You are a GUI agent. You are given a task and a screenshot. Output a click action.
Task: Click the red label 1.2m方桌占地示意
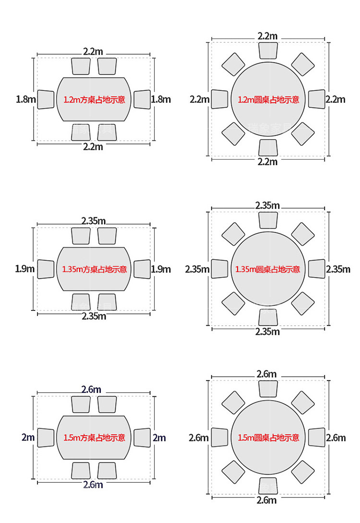coord(95,99)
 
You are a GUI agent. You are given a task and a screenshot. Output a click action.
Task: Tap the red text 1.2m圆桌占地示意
coord(269,99)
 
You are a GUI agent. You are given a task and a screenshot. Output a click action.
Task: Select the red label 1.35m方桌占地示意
coord(95,269)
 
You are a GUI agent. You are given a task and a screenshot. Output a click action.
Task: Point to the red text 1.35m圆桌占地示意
coord(267,269)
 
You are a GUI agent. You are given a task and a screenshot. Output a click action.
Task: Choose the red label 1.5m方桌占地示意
coord(95,438)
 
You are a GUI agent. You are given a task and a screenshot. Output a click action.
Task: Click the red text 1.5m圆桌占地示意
coord(269,438)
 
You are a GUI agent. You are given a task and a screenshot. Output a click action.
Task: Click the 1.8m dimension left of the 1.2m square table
coord(26,99)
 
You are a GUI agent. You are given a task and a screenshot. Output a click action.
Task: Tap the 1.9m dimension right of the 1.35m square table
coord(161,269)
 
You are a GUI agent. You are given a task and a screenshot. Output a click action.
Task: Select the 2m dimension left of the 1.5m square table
coord(28,437)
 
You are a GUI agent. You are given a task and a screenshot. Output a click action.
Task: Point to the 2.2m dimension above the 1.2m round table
coord(267,36)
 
